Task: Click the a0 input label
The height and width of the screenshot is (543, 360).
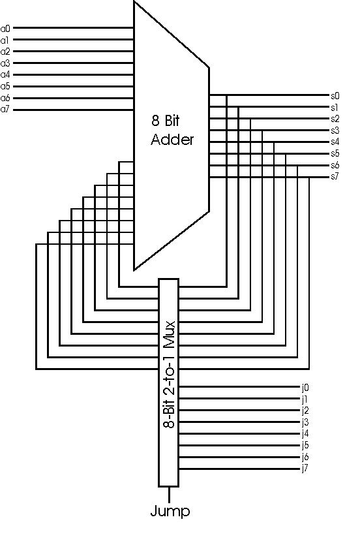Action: pyautogui.click(x=5, y=29)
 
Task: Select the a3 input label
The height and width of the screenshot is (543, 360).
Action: pyautogui.click(x=5, y=63)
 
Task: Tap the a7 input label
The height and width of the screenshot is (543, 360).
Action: pyautogui.click(x=5, y=110)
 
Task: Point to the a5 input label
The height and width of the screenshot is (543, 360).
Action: pyautogui.click(x=5, y=87)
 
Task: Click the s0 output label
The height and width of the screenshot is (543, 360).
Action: pyautogui.click(x=335, y=96)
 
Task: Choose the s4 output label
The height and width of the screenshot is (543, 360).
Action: pyautogui.click(x=335, y=142)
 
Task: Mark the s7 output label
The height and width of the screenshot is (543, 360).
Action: pyautogui.click(x=335, y=177)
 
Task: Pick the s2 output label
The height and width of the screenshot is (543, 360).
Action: pyautogui.click(x=335, y=119)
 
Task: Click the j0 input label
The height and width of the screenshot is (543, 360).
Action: pyautogui.click(x=305, y=388)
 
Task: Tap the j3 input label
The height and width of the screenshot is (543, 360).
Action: pyautogui.click(x=305, y=422)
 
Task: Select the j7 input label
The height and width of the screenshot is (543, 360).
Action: pyautogui.click(x=305, y=469)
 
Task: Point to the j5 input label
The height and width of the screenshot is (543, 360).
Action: pyautogui.click(x=305, y=445)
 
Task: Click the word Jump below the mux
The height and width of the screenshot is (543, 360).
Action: pyautogui.click(x=170, y=512)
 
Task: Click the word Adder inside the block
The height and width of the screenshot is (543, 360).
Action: pyautogui.click(x=172, y=140)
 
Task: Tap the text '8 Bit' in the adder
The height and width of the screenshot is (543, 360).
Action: pyautogui.click(x=166, y=121)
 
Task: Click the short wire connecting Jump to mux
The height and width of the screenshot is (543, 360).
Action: pyautogui.click(x=170, y=495)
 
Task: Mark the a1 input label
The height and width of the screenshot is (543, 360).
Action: pyautogui.click(x=5, y=40)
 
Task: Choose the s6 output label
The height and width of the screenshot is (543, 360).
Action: pyautogui.click(x=335, y=165)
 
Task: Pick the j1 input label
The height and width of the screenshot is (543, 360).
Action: pyautogui.click(x=305, y=399)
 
